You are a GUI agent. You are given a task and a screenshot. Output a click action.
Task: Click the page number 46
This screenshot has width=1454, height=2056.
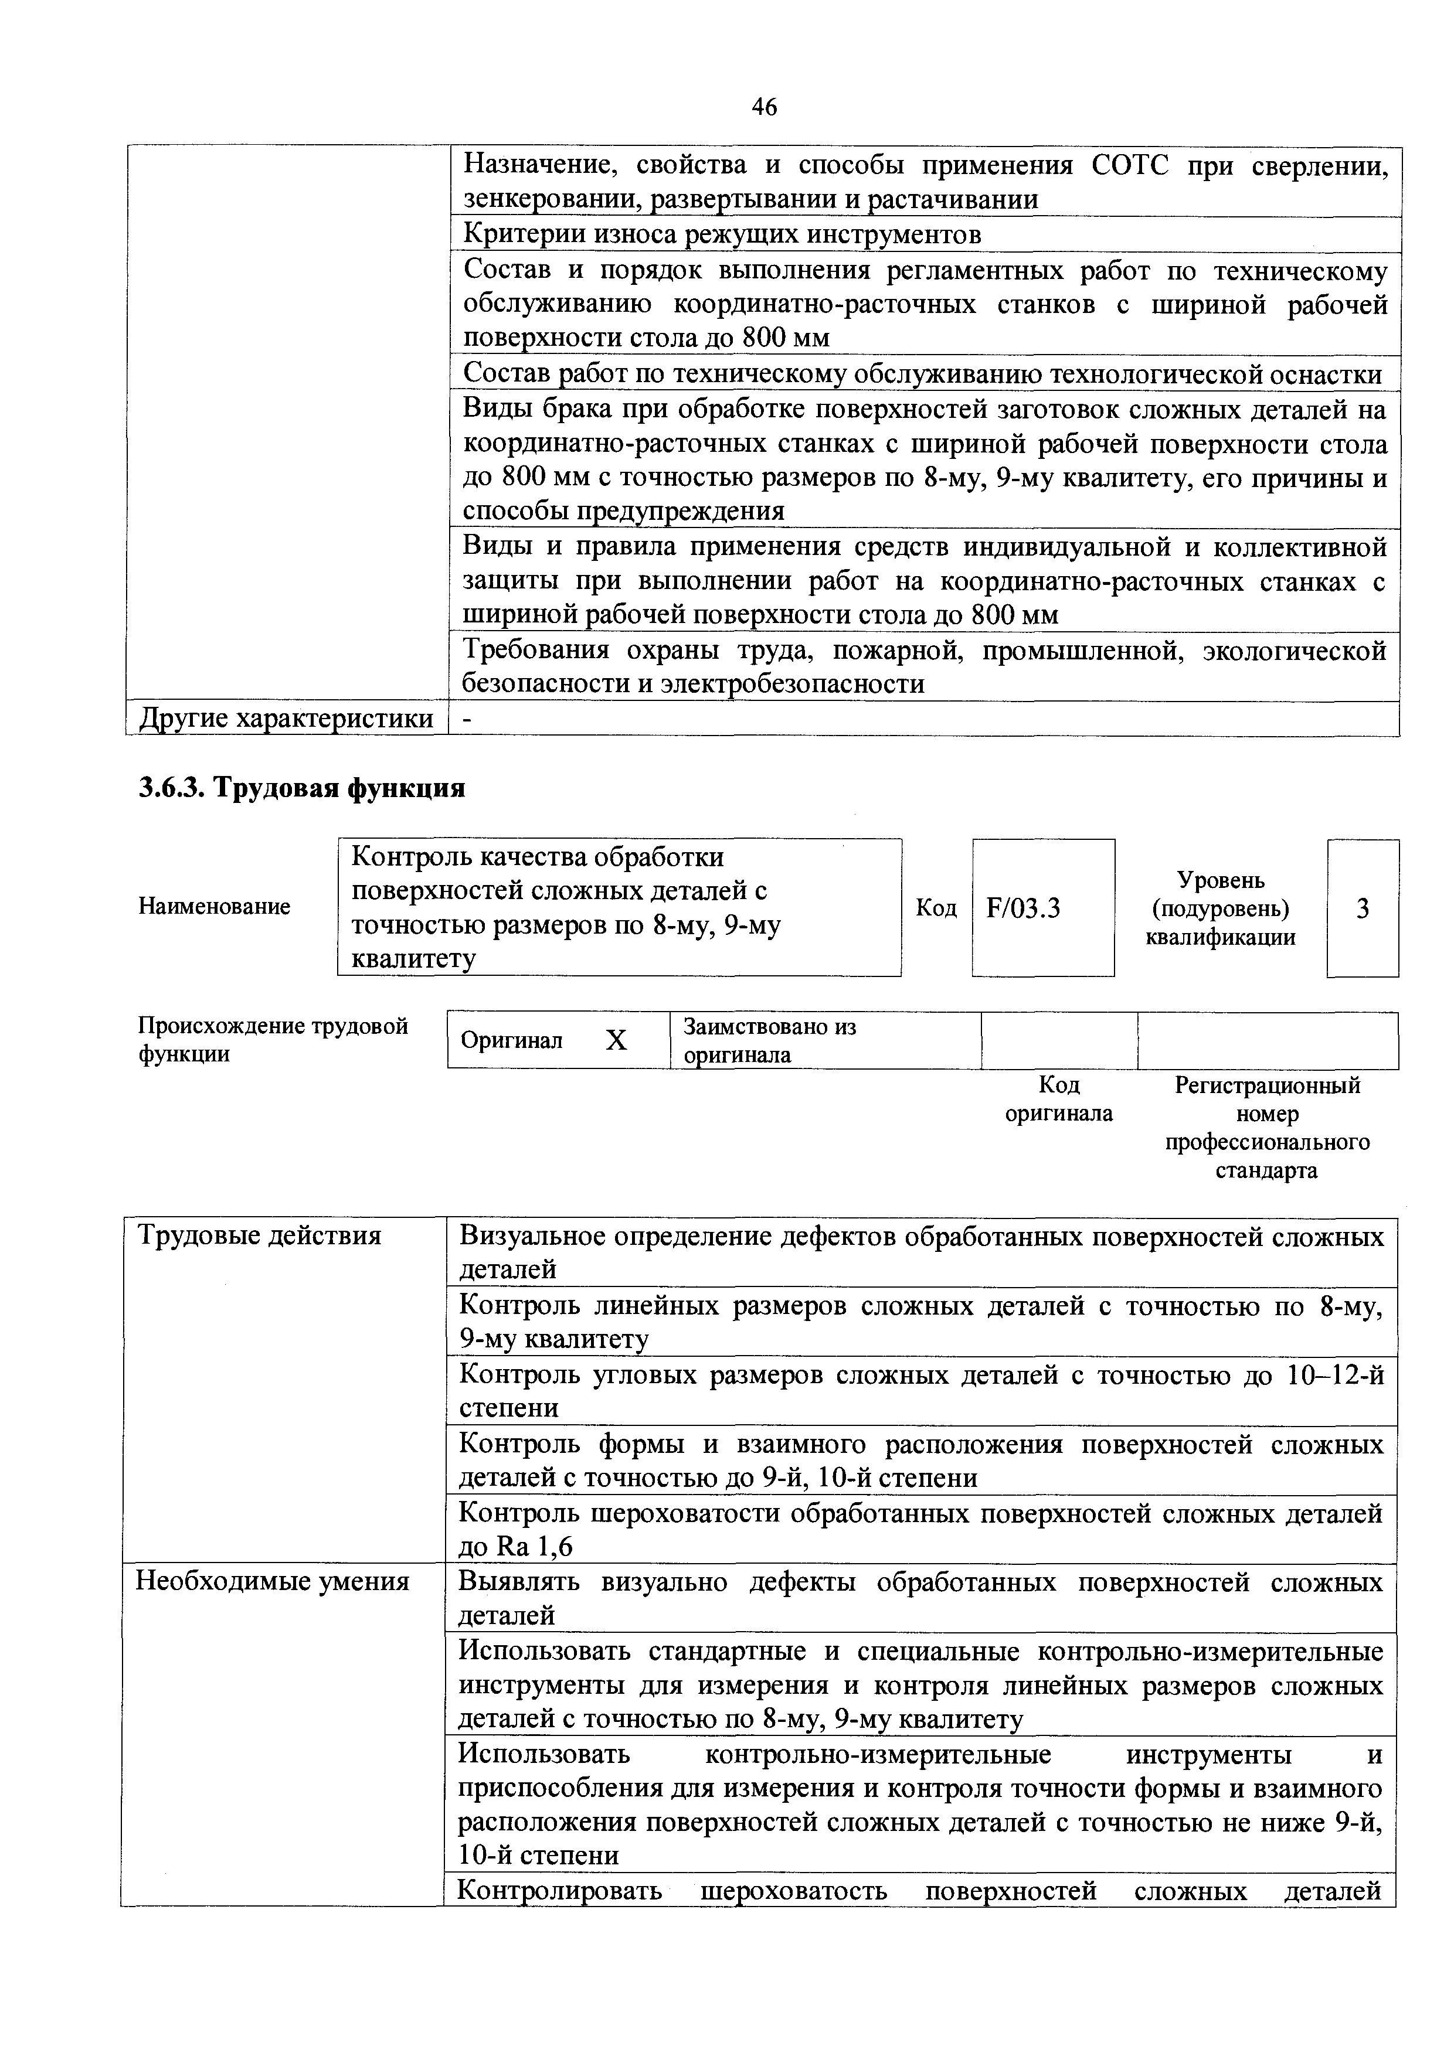[x=764, y=107]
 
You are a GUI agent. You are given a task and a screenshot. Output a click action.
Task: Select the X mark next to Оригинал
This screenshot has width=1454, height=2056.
[x=616, y=1040]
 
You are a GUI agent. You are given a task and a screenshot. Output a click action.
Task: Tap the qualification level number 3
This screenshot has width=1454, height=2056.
[x=1362, y=909]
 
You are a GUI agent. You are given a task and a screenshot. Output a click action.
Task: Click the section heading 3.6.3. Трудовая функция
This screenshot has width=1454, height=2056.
[x=302, y=788]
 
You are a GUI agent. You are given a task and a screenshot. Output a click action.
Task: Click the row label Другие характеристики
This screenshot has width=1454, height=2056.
[x=285, y=718]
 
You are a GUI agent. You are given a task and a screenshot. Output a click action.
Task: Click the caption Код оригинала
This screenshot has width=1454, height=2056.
[x=1058, y=1100]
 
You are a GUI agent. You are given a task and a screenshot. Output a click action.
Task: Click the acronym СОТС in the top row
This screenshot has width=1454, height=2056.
[x=1130, y=166]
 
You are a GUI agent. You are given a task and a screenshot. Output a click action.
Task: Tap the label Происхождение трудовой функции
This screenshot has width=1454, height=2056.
[x=273, y=1040]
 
